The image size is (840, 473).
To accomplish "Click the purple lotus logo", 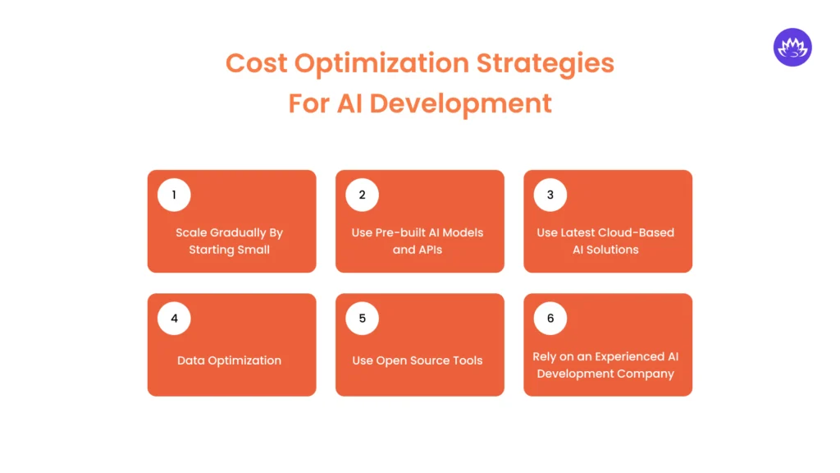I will point(792,48).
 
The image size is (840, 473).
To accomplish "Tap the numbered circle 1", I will point(174,195).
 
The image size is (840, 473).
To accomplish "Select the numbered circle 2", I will point(362,195).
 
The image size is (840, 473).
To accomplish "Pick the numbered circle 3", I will point(550,195).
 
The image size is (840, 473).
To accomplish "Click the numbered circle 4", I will point(174,319).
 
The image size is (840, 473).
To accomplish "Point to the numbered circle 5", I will point(362,319).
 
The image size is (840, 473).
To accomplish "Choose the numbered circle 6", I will point(550,319).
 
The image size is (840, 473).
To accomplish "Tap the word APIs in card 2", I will point(430,250).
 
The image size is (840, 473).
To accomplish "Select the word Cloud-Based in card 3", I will point(637,232).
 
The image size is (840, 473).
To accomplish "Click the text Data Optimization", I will point(229,360).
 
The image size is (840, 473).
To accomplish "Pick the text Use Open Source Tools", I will point(418,360).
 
